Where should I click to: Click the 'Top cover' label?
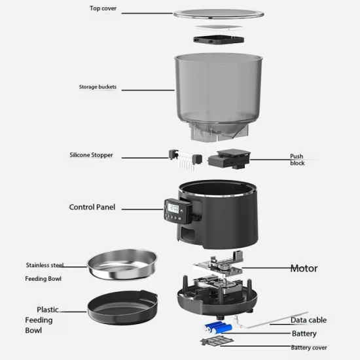point(103,9)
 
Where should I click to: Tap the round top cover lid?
point(219,14)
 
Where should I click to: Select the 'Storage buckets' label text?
point(98,87)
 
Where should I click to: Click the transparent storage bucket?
point(219,96)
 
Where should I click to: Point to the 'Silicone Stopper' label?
point(91,155)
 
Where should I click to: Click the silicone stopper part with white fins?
point(185,159)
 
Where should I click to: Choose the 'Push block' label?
point(297,160)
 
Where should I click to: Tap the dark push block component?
point(229,158)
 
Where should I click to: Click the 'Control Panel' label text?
point(92,207)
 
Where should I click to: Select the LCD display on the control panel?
point(173,208)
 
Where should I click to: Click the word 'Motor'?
point(304,268)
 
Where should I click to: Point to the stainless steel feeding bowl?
point(122,264)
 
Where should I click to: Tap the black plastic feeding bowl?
point(122,307)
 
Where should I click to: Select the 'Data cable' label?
point(308,320)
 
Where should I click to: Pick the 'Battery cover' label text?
point(309,348)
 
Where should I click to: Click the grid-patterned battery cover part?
point(217,340)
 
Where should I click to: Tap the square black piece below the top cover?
point(219,40)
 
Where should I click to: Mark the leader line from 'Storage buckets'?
point(148,90)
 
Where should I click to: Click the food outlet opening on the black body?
point(188,235)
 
